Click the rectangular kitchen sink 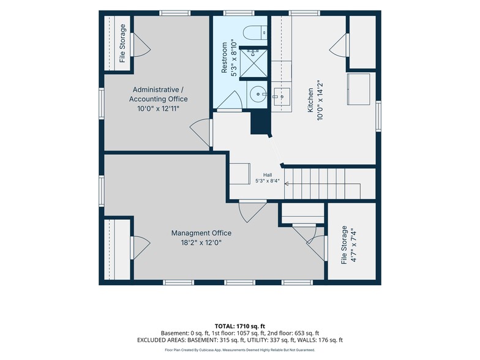click(282, 97)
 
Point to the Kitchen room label click(310, 100)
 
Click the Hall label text click(268, 175)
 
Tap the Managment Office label click(201, 233)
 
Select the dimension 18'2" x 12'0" click(201, 242)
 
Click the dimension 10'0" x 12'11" click(158, 108)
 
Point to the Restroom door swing click(230, 100)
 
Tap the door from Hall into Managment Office click(252, 211)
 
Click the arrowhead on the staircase click(287, 184)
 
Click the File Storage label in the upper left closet click(122, 43)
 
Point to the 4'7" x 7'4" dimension click(354, 245)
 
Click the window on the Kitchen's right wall click(378, 116)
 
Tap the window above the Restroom click(239, 13)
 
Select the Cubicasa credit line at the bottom click(240, 350)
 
